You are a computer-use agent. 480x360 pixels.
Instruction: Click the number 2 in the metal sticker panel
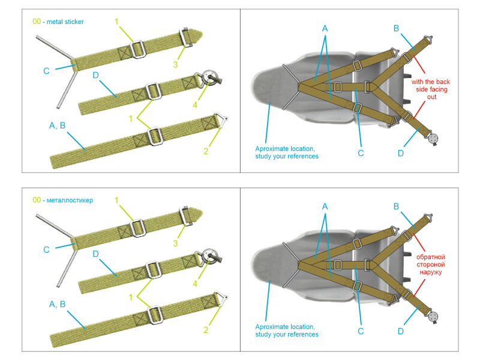point(205,151)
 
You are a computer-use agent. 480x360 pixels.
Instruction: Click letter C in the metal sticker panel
point(46,71)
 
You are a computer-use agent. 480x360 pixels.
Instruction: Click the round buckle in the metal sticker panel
point(210,78)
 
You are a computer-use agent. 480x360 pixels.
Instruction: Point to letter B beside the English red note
point(396,28)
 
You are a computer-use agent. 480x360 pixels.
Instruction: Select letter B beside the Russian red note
point(396,206)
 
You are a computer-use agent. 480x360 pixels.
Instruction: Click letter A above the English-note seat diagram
point(325,28)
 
